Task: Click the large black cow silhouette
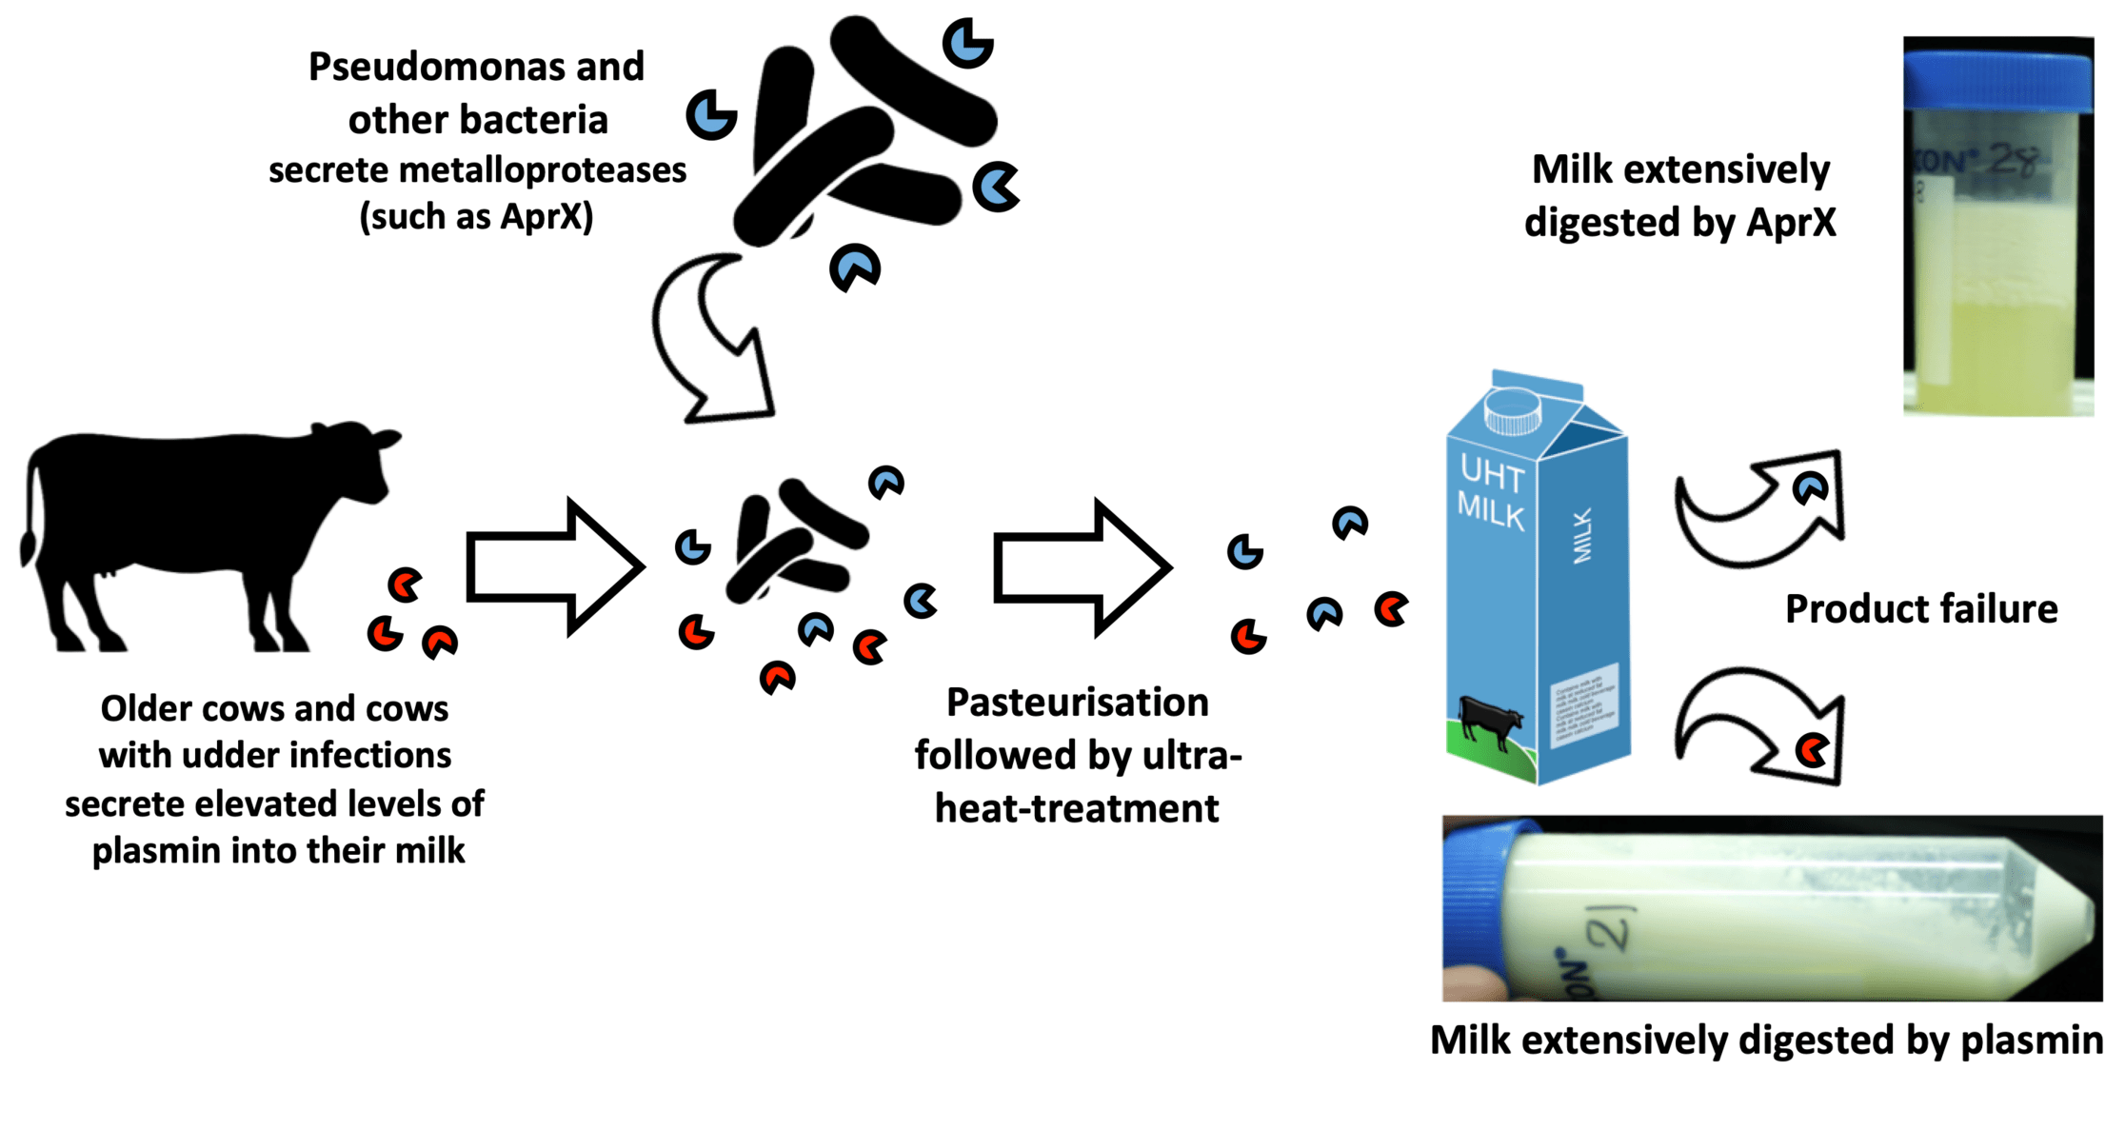(190, 514)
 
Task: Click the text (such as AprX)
(476, 217)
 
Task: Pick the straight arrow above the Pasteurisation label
(1082, 567)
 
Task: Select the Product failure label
(1920, 609)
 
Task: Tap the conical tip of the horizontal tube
(2066, 909)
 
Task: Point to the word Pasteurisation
(1077, 703)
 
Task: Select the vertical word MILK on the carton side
(1581, 536)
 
